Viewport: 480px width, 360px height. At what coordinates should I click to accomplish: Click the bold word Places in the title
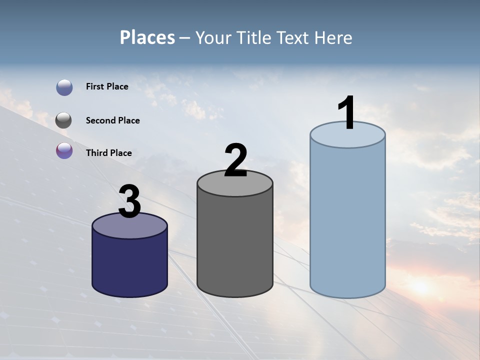coord(147,37)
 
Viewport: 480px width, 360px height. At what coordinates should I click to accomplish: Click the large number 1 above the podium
coord(346,113)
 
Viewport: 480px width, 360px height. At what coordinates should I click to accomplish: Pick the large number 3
coord(129,201)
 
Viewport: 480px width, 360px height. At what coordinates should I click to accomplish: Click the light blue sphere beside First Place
coord(64,87)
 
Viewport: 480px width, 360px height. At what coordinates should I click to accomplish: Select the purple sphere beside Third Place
coord(64,150)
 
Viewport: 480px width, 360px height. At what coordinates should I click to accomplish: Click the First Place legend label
coord(107,86)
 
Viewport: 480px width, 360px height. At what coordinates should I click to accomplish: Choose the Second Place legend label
coord(112,120)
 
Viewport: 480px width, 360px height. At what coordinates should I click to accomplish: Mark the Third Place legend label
coord(108,153)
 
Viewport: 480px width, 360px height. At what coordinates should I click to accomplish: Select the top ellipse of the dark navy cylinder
coord(129,226)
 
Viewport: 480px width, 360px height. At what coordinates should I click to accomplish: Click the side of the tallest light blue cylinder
coord(347,220)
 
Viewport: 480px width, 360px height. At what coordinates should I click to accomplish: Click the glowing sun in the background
coord(420,286)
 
